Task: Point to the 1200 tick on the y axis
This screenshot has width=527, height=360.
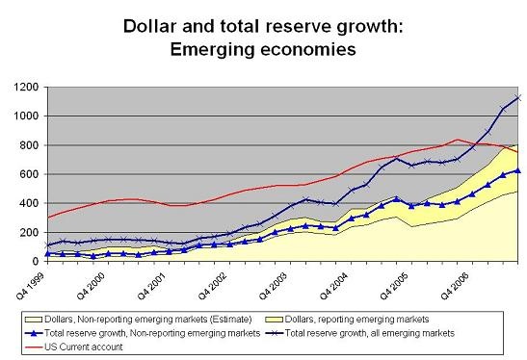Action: coord(26,88)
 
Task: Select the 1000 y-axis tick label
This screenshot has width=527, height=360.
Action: coord(26,116)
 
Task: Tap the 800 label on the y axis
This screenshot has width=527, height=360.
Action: coord(29,145)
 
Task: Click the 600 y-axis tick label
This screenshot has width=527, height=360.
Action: coord(29,175)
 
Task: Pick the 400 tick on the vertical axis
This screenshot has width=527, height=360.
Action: coord(29,204)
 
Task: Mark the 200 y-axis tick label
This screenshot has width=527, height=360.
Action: coord(29,233)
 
